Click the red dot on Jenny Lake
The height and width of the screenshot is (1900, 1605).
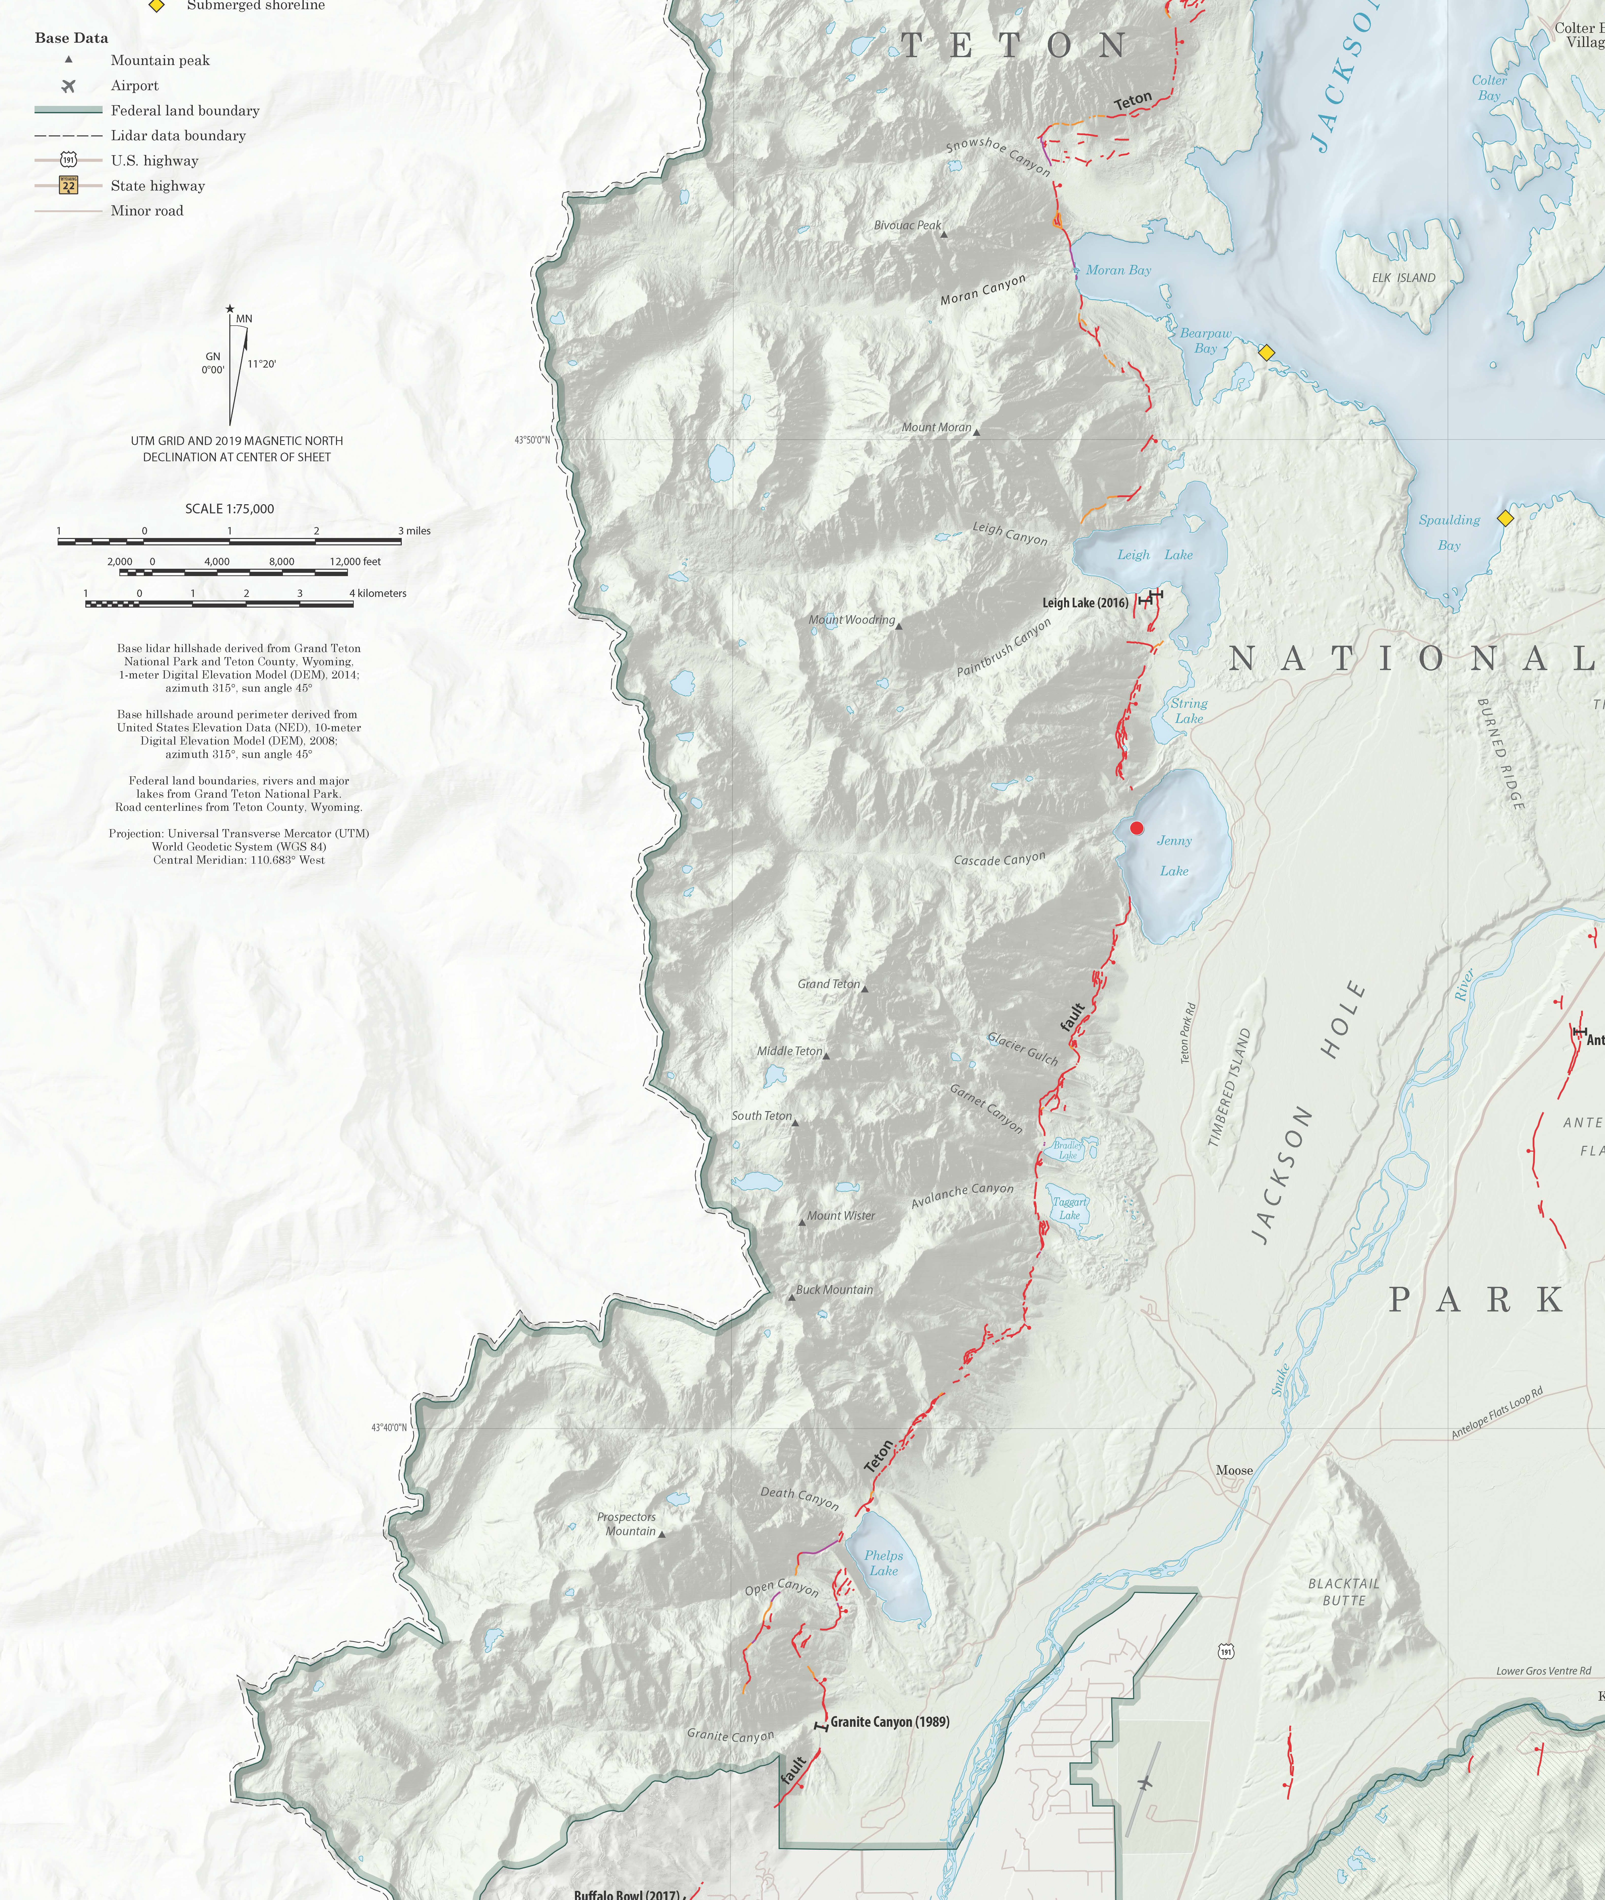pos(1136,828)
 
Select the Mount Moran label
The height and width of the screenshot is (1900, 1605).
pos(936,427)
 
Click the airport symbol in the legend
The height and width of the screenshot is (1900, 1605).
pos(68,86)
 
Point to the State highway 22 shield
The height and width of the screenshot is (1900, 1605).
pos(68,186)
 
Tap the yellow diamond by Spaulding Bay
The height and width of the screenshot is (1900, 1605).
pos(1505,519)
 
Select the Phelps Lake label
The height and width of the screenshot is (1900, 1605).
pos(884,1562)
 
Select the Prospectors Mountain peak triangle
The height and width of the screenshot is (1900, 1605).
pos(662,1534)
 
